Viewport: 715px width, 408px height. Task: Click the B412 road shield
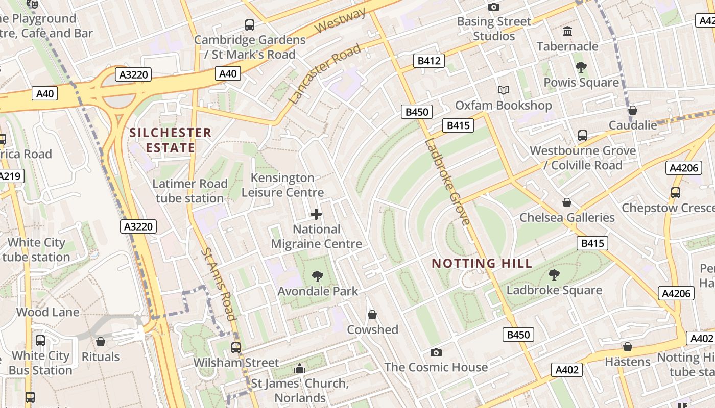pyautogui.click(x=428, y=61)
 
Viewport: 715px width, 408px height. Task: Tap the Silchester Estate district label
pyautogui.click(x=171, y=140)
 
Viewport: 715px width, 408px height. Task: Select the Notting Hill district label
pyautogui.click(x=482, y=263)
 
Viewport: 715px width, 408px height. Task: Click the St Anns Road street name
pyautogui.click(x=218, y=284)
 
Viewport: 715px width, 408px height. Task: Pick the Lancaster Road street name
pyautogui.click(x=324, y=74)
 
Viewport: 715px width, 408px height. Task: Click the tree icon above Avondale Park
pyautogui.click(x=318, y=276)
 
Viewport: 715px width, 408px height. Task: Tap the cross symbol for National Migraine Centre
pyautogui.click(x=316, y=214)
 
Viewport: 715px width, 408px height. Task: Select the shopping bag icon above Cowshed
pyautogui.click(x=372, y=315)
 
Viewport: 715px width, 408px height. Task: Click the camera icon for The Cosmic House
pyautogui.click(x=436, y=352)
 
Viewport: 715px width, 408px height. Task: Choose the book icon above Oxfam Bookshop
pyautogui.click(x=504, y=90)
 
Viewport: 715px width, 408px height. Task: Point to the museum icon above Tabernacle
pyautogui.click(x=567, y=32)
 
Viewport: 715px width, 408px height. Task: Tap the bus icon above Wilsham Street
pyautogui.click(x=236, y=348)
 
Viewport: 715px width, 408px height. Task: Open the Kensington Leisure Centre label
pyautogui.click(x=282, y=185)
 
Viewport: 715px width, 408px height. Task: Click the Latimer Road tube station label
pyautogui.click(x=190, y=191)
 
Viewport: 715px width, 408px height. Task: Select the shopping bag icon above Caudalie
pyautogui.click(x=632, y=110)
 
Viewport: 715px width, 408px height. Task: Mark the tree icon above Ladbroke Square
pyautogui.click(x=554, y=275)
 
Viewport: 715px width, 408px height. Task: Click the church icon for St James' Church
pyautogui.click(x=300, y=368)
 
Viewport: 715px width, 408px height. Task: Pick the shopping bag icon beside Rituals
pyautogui.click(x=101, y=342)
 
